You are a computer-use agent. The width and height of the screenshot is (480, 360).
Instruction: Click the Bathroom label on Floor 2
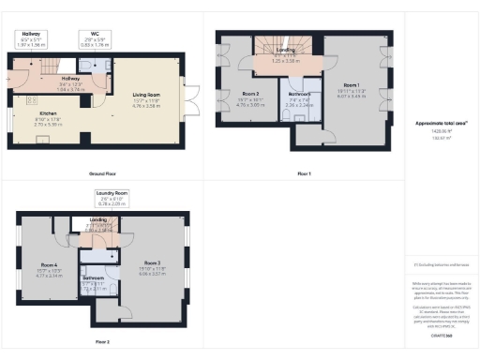point(94,278)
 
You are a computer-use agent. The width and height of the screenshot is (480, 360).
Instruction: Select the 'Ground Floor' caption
point(103,174)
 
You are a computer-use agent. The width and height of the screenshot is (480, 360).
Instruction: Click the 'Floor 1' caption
point(304,174)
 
